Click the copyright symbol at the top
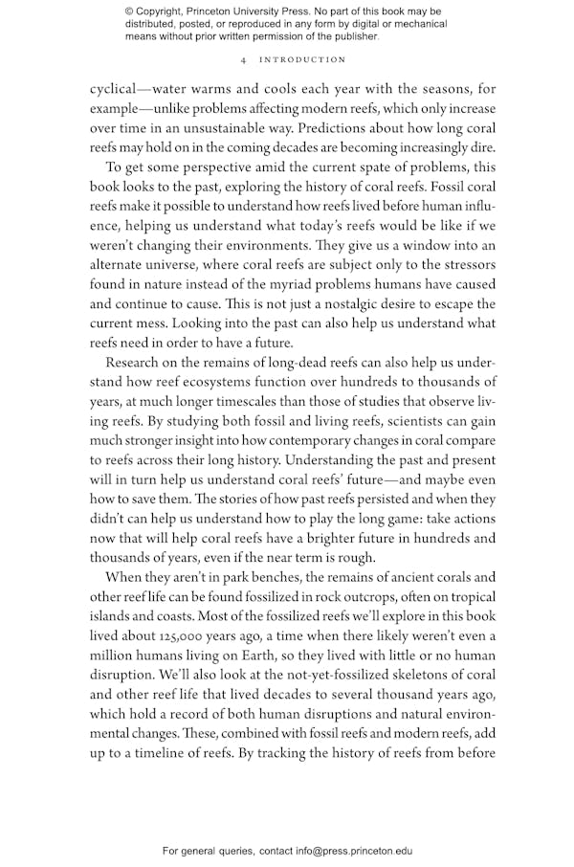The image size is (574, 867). [x=130, y=11]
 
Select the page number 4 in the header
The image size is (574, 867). [x=245, y=60]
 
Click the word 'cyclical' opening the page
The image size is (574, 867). [x=113, y=89]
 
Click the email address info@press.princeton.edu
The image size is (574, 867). [x=354, y=851]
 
